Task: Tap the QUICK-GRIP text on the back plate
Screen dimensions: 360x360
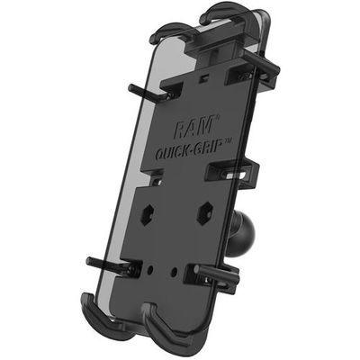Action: pyautogui.click(x=192, y=148)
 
